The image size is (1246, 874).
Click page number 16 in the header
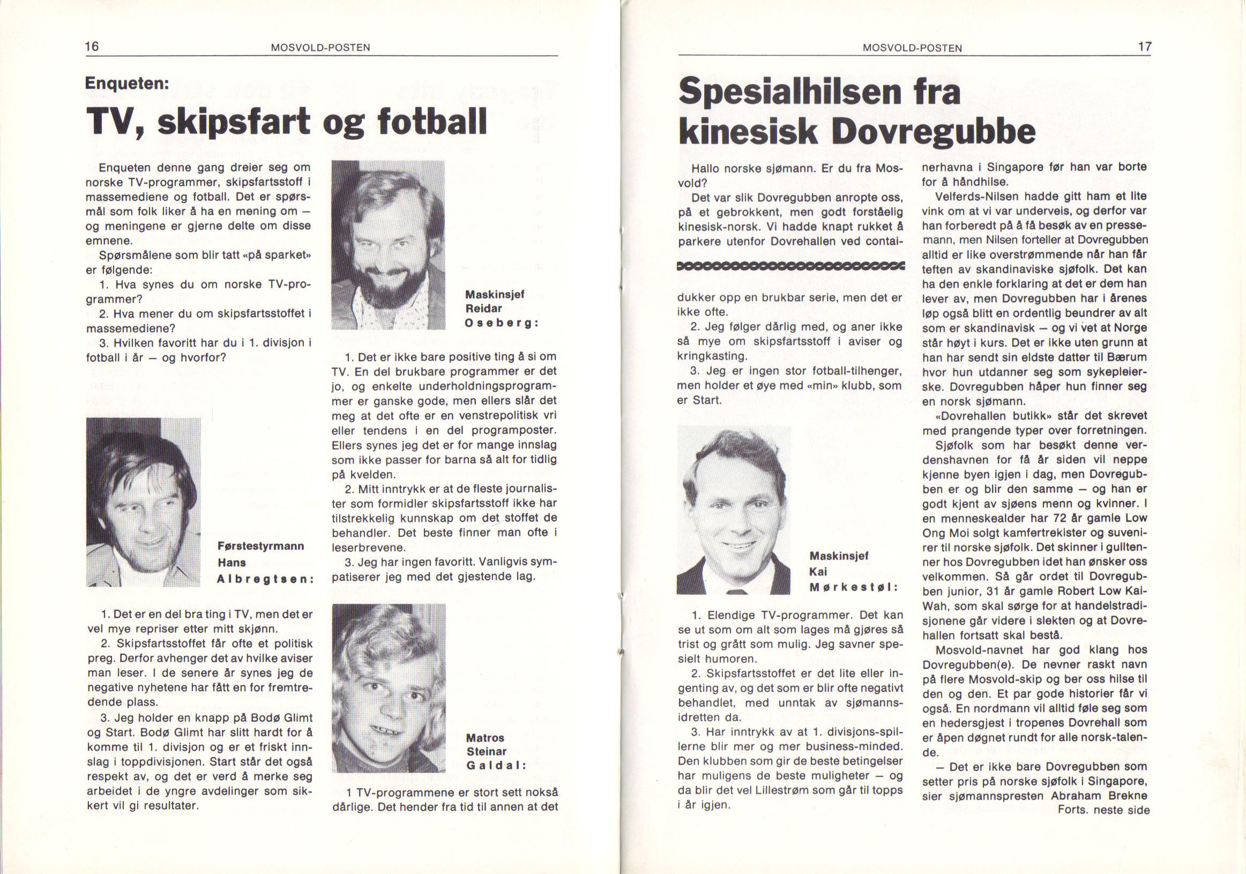(x=92, y=46)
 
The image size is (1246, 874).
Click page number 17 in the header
(x=1145, y=47)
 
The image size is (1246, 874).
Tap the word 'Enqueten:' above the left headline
(x=128, y=84)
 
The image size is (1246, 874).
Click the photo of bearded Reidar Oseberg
(x=387, y=245)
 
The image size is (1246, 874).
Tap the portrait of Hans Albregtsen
(x=143, y=502)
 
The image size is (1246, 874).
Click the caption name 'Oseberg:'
(x=501, y=323)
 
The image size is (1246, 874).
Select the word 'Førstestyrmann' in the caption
(x=260, y=547)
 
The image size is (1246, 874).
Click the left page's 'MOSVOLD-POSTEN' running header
(x=320, y=48)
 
